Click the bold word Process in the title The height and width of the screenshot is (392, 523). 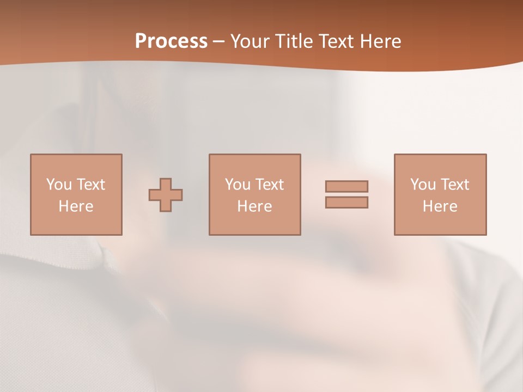[x=171, y=41]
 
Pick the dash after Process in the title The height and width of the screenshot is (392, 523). [x=219, y=42]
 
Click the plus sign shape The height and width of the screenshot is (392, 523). [x=166, y=195]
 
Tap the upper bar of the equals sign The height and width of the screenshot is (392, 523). [x=346, y=186]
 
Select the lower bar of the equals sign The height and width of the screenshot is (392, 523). [x=346, y=203]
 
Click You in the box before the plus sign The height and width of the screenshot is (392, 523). [x=59, y=185]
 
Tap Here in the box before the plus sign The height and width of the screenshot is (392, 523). [x=76, y=206]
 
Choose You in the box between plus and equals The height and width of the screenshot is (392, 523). [x=238, y=185]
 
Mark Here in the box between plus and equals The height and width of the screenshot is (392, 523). [x=254, y=206]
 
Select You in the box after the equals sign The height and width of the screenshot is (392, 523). [x=423, y=185]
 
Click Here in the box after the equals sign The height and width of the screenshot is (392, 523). [x=440, y=206]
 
